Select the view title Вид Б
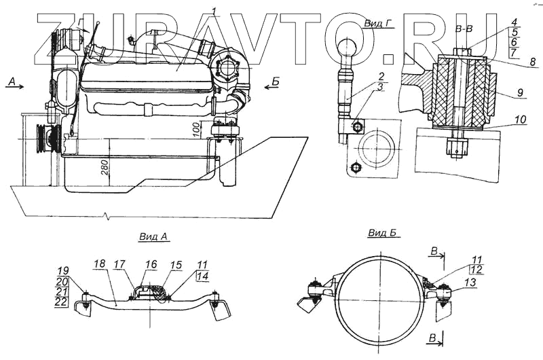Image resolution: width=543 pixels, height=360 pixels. [x=382, y=233]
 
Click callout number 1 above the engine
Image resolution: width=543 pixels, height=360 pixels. [x=214, y=10]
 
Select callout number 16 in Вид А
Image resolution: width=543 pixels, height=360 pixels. [x=151, y=263]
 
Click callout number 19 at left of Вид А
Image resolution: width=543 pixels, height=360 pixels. [x=62, y=270]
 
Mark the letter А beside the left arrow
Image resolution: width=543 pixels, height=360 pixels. [x=11, y=81]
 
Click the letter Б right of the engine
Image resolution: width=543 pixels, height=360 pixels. [x=275, y=81]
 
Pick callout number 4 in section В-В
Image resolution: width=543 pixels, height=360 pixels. [x=514, y=22]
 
